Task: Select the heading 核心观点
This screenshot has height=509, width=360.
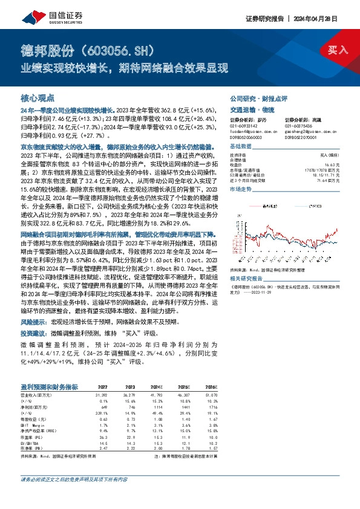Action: point(37,97)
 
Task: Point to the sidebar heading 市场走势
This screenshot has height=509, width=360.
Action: point(242,189)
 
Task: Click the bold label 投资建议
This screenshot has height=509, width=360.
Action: point(34,332)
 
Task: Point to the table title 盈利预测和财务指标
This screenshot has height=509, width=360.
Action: point(49,386)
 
